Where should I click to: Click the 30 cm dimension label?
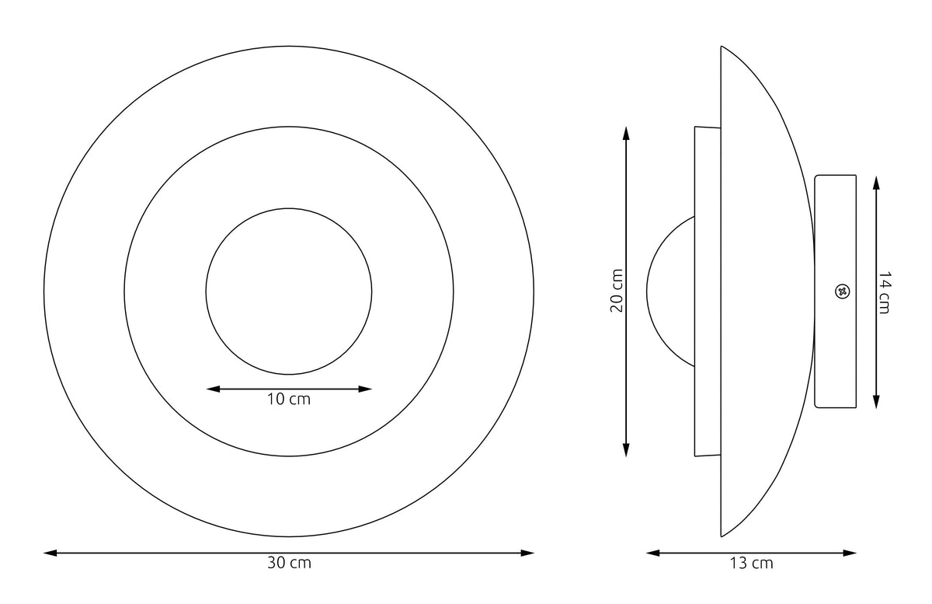(x=289, y=563)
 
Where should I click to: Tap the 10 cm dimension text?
(x=288, y=399)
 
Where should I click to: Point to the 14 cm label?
(x=884, y=292)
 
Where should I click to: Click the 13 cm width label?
(x=751, y=563)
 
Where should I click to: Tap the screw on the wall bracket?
(x=843, y=292)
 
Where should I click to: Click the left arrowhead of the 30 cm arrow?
(x=50, y=553)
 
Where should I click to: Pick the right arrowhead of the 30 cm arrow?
(x=527, y=553)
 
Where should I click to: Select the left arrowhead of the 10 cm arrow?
(x=213, y=389)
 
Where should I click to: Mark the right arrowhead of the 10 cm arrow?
(x=365, y=389)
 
